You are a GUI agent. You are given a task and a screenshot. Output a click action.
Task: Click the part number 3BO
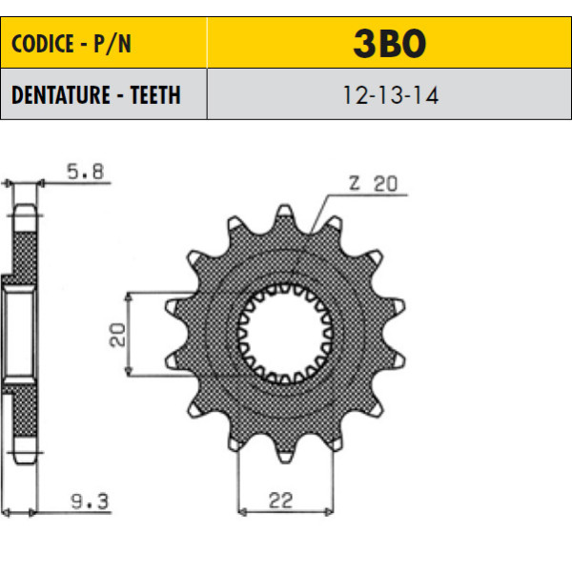[x=390, y=44]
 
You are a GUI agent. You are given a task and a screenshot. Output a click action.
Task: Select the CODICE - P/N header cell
[x=104, y=43]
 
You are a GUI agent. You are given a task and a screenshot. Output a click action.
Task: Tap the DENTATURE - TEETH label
[x=96, y=94]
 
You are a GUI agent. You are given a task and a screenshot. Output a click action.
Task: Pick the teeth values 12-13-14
[x=390, y=95]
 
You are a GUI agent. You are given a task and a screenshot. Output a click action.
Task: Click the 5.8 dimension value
[x=86, y=172]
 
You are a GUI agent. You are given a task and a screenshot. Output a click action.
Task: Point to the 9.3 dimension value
[x=90, y=501]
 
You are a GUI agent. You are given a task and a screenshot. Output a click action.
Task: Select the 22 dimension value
[x=280, y=500]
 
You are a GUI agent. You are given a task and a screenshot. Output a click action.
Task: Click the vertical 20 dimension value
[x=117, y=335]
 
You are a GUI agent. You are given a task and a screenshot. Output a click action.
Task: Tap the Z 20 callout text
[x=373, y=183]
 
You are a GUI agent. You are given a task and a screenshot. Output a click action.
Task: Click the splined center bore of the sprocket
[x=285, y=334]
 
